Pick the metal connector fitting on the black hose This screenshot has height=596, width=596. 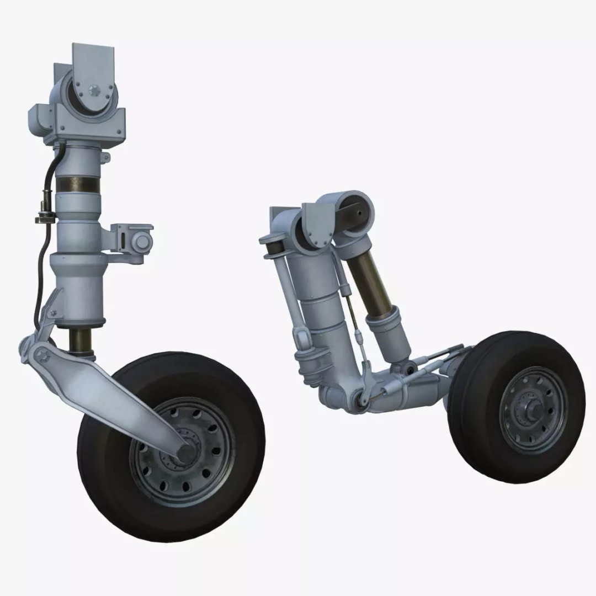pos(43,216)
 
